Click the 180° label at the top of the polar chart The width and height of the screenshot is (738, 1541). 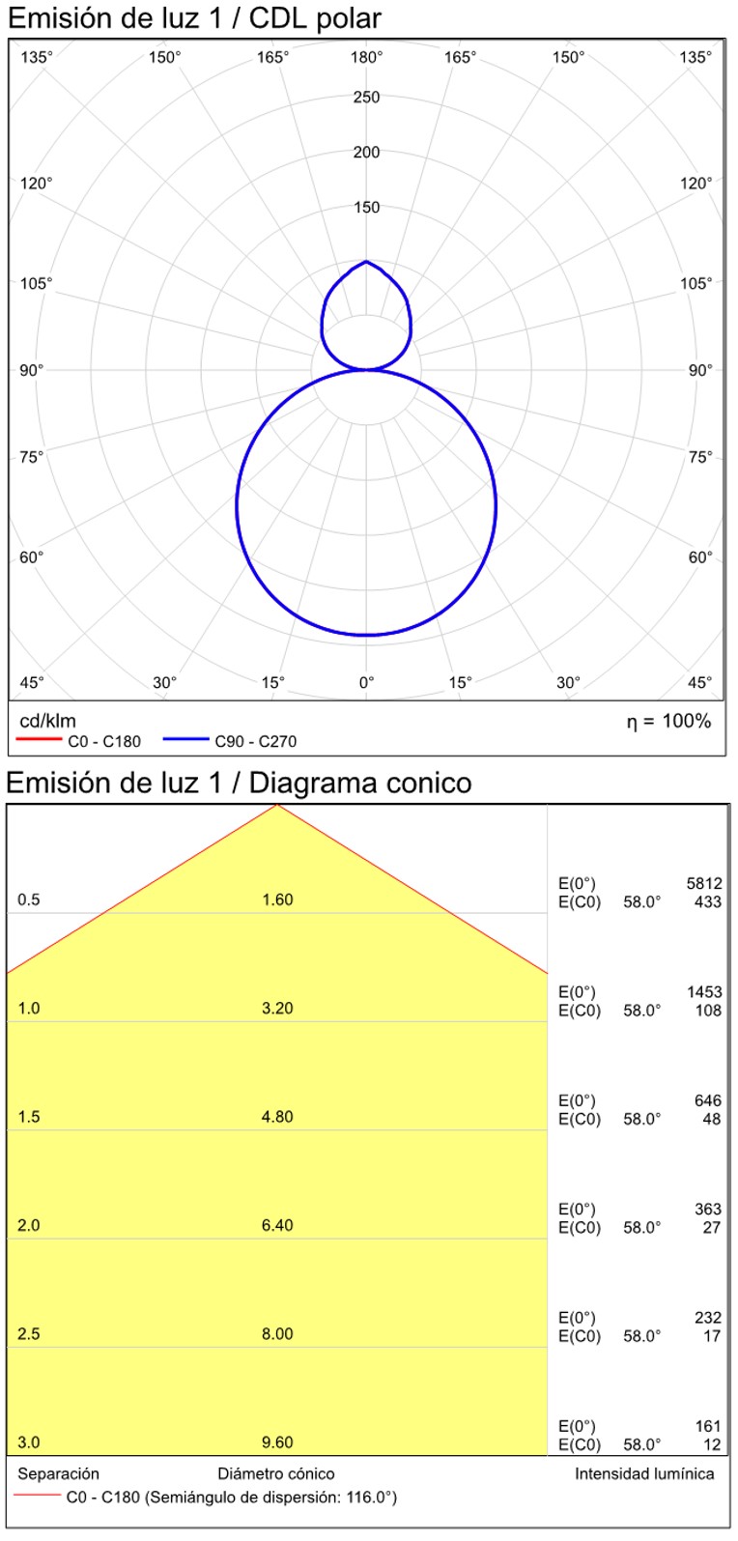click(x=366, y=58)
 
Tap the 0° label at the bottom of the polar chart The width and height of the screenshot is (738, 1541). click(x=366, y=683)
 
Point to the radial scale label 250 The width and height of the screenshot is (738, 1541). click(x=366, y=97)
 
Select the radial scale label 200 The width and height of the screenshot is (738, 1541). click(x=366, y=152)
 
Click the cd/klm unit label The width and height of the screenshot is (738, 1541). click(x=47, y=721)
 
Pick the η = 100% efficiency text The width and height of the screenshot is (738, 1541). click(x=668, y=721)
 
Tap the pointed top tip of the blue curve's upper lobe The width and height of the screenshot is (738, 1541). click(x=366, y=261)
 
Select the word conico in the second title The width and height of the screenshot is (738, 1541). click(x=426, y=783)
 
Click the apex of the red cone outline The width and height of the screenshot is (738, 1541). click(x=277, y=804)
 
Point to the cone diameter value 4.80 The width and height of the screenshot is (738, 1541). click(x=277, y=1117)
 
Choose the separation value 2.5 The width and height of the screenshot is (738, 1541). click(x=29, y=1334)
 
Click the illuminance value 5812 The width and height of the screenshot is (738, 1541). click(x=704, y=883)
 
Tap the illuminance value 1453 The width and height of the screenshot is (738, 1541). click(x=704, y=992)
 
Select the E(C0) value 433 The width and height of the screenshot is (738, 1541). click(x=708, y=902)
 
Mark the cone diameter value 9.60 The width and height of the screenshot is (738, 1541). click(x=277, y=1442)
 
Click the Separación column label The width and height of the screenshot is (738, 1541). click(x=58, y=1473)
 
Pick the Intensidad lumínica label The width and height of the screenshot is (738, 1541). click(x=644, y=1473)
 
